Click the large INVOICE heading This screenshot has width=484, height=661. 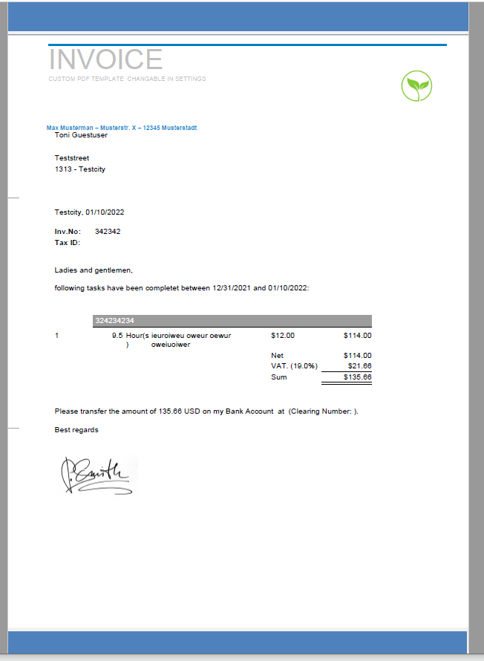[x=105, y=59]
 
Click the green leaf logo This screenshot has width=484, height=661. [x=416, y=86]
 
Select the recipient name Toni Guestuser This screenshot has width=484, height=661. [x=81, y=135]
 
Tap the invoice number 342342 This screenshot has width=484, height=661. [x=108, y=232]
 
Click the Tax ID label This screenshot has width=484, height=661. [x=67, y=243]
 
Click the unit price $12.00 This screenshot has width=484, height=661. [x=283, y=336]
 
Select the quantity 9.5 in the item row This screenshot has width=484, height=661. [x=117, y=336]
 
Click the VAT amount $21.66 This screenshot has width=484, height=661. [x=359, y=366]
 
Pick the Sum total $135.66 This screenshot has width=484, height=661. [x=358, y=377]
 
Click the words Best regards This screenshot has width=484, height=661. [x=76, y=430]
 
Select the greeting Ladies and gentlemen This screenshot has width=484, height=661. [x=94, y=270]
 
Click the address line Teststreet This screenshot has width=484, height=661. [x=72, y=158]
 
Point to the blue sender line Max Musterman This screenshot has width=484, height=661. [x=122, y=128]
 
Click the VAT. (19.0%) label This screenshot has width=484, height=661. [x=294, y=366]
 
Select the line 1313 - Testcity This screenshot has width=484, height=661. [x=80, y=169]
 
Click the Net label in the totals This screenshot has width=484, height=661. [x=278, y=356]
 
